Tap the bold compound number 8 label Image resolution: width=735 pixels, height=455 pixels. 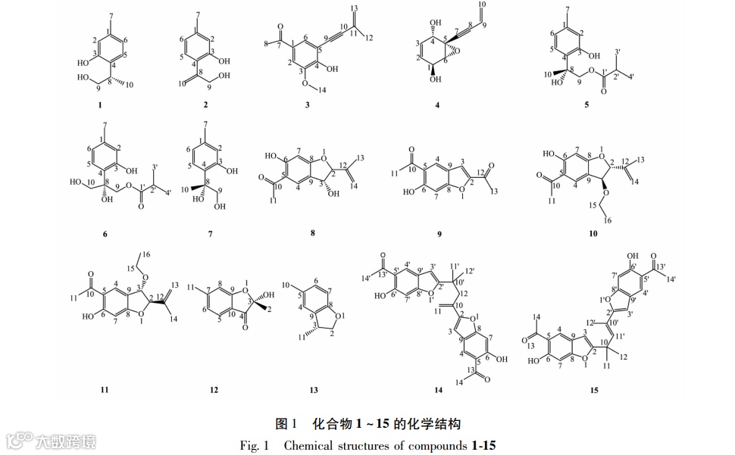pyautogui.click(x=312, y=234)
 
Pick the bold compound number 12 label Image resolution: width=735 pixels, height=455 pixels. pyautogui.click(x=214, y=390)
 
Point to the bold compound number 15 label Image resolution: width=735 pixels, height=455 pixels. pyautogui.click(x=594, y=390)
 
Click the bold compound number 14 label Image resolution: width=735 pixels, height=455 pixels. pyautogui.click(x=437, y=390)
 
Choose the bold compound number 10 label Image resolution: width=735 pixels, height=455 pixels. pyautogui.click(x=593, y=234)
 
